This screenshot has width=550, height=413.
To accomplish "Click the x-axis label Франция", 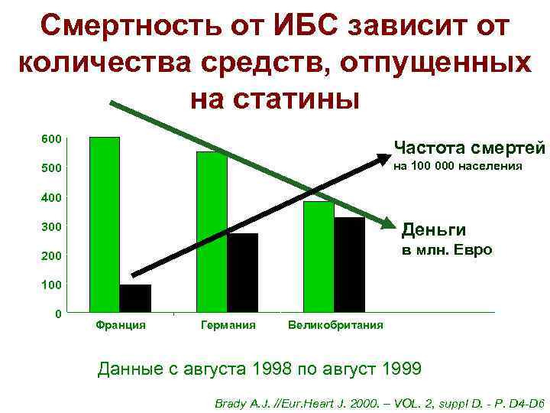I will point(121,325).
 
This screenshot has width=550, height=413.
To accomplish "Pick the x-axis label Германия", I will point(227,325).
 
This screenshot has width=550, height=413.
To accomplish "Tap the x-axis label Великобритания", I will point(335,325).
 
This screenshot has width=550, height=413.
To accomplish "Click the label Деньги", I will point(434,229).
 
